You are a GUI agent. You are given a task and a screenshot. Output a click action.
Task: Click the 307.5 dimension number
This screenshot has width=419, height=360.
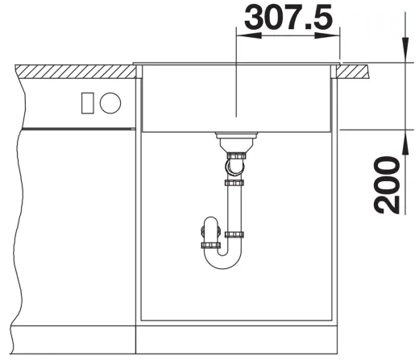(x=288, y=18)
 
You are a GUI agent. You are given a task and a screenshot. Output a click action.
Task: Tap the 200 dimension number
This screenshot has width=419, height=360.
(x=387, y=185)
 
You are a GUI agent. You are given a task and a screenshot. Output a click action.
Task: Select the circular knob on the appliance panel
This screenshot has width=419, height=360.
(x=110, y=103)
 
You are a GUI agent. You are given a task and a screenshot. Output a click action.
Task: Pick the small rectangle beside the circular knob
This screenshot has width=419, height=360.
(x=88, y=103)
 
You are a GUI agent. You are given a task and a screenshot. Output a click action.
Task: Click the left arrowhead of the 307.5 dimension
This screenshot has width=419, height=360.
(x=248, y=35)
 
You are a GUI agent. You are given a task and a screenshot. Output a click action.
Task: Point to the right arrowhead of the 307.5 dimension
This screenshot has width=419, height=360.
(x=327, y=35)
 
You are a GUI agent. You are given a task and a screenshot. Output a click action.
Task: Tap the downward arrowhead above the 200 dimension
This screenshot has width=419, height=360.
(x=405, y=50)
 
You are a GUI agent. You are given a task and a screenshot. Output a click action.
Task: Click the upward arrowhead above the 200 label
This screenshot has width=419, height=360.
(x=405, y=143)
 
